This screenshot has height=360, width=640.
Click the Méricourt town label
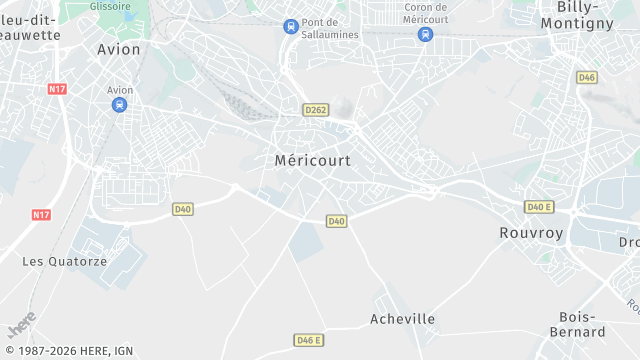(313, 159)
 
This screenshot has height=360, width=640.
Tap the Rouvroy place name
(531, 232)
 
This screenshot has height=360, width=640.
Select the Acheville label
(402, 319)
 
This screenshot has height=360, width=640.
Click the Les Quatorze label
(64, 261)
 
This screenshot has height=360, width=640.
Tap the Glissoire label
(110, 6)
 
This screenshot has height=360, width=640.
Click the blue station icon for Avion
(119, 104)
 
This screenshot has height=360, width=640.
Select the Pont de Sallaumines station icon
(291, 26)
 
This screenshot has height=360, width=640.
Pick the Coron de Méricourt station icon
(425, 34)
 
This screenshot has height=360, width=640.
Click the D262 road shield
(315, 109)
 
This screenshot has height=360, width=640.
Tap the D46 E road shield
(309, 340)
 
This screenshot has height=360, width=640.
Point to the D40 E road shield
(539, 207)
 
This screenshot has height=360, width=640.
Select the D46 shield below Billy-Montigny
(587, 77)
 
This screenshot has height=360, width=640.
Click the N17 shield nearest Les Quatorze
(41, 215)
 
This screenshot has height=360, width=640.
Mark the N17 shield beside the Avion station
(57, 89)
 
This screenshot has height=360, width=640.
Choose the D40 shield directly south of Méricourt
(336, 221)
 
